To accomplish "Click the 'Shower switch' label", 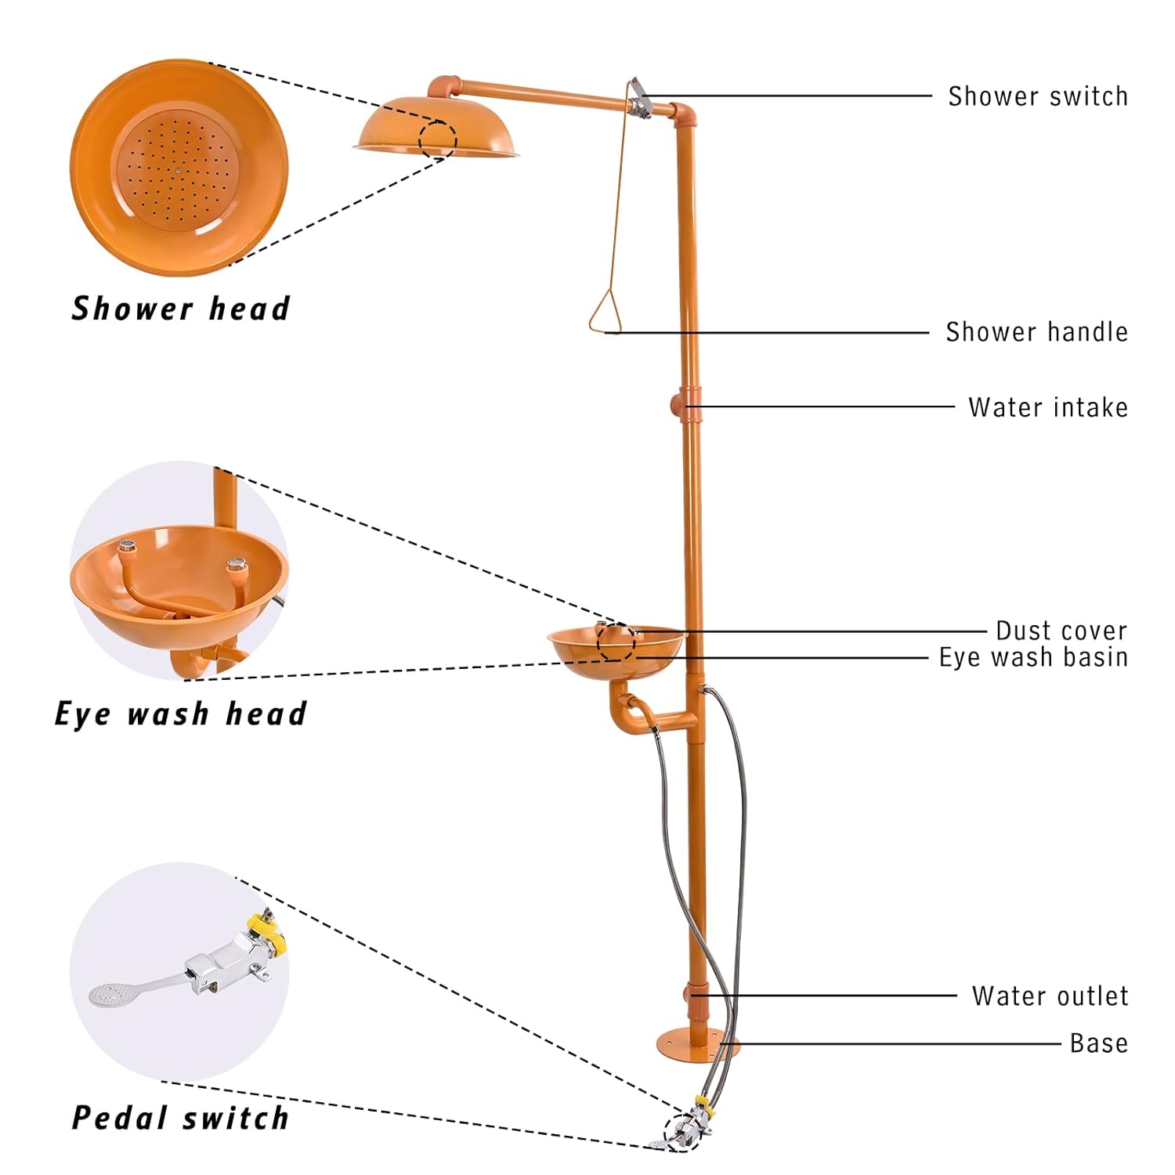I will tap(1037, 96).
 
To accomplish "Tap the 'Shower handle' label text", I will tap(1036, 332).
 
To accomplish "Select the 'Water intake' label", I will tap(1047, 407).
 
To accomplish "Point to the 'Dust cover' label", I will tap(1061, 631).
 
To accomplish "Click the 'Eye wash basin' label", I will tap(1033, 657).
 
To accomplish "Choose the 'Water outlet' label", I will tap(1050, 996).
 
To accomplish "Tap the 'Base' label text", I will tap(1098, 1043).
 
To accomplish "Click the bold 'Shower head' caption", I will tap(181, 309).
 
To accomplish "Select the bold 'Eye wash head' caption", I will tap(181, 714).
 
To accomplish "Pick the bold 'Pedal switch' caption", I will tap(181, 1118).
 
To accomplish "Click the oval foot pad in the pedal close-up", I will tap(109, 993).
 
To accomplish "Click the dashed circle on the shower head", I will tap(437, 139).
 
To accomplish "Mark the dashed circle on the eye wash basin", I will tap(616, 642).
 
